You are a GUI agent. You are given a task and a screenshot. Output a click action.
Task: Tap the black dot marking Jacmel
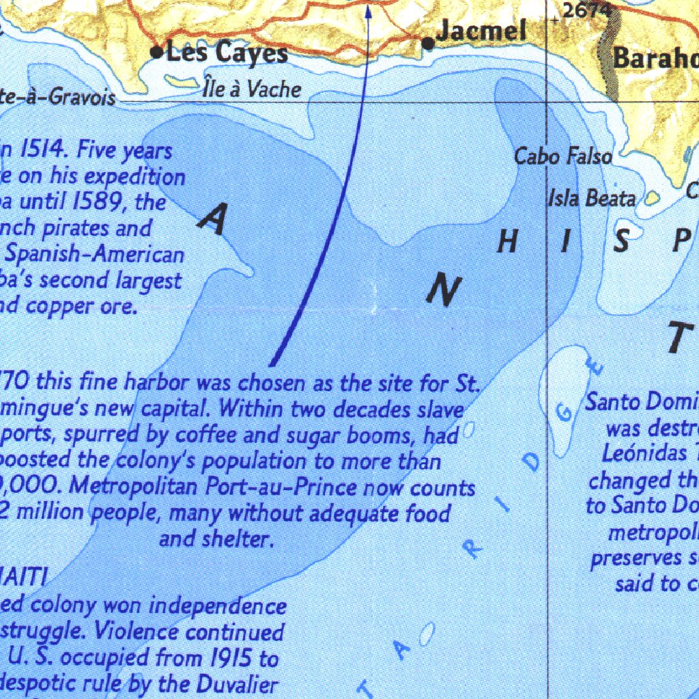(428, 43)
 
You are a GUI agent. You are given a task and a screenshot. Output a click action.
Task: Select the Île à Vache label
(252, 89)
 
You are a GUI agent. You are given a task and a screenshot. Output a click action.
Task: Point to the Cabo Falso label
(562, 156)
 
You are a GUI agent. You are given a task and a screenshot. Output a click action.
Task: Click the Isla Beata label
(592, 199)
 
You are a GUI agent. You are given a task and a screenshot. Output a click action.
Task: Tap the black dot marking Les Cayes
(157, 51)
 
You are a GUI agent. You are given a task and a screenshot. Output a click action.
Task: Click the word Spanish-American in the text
(94, 255)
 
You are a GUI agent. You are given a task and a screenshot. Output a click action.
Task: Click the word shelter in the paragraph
(236, 539)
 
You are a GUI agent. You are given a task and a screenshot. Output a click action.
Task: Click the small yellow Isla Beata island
(652, 197)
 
